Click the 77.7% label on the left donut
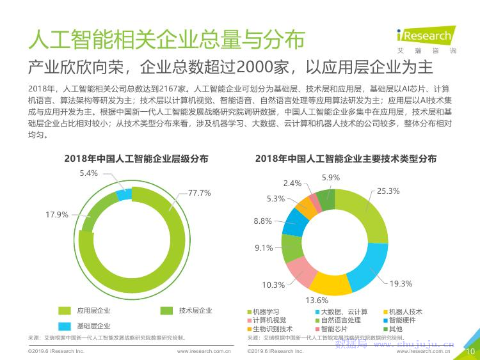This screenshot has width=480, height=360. point(199,192)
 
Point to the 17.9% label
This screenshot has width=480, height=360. point(57,214)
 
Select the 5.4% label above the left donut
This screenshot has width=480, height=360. point(89,173)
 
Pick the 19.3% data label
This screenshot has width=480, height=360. point(401,283)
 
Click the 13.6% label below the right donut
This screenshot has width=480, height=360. point(316,300)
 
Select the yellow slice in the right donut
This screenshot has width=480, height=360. point(330,283)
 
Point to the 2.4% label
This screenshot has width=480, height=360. point(292,183)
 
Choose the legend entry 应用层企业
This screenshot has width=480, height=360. point(88,311)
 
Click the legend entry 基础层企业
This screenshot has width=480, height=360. point(88,326)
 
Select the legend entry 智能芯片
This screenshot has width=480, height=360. point(332,329)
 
